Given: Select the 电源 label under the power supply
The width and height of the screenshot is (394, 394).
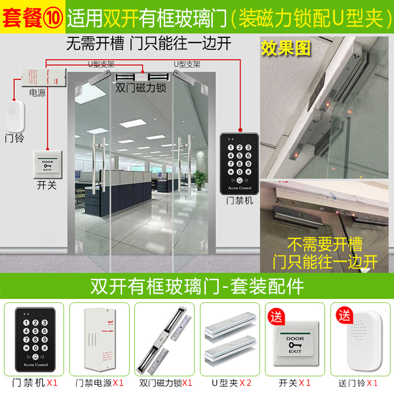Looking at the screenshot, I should (38, 93).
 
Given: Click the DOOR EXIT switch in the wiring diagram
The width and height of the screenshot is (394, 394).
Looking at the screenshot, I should (48, 165).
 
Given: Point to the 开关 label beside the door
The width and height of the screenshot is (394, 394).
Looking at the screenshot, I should (47, 186).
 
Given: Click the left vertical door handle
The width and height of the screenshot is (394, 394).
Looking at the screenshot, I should (100, 165).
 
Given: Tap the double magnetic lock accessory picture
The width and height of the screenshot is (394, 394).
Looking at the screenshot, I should (164, 340).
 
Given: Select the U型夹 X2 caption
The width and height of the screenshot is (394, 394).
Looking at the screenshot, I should (230, 383).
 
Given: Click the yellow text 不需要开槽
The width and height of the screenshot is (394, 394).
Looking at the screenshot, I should (325, 244).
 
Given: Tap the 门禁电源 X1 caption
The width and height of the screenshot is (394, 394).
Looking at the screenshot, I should (99, 383).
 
